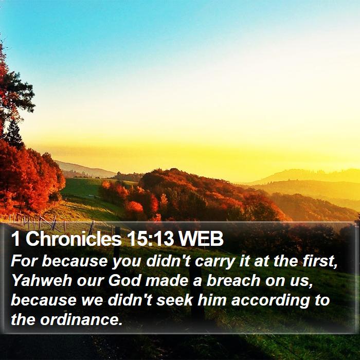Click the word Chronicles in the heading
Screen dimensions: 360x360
click(74, 239)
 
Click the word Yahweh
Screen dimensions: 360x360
click(42, 281)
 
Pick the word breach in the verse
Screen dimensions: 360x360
click(233, 281)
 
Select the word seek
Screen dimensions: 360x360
click(174, 300)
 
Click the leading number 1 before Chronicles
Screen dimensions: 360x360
click(15, 239)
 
